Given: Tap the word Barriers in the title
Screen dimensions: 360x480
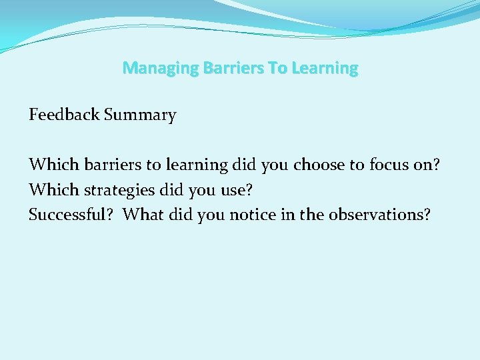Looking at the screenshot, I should pos(217,68).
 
